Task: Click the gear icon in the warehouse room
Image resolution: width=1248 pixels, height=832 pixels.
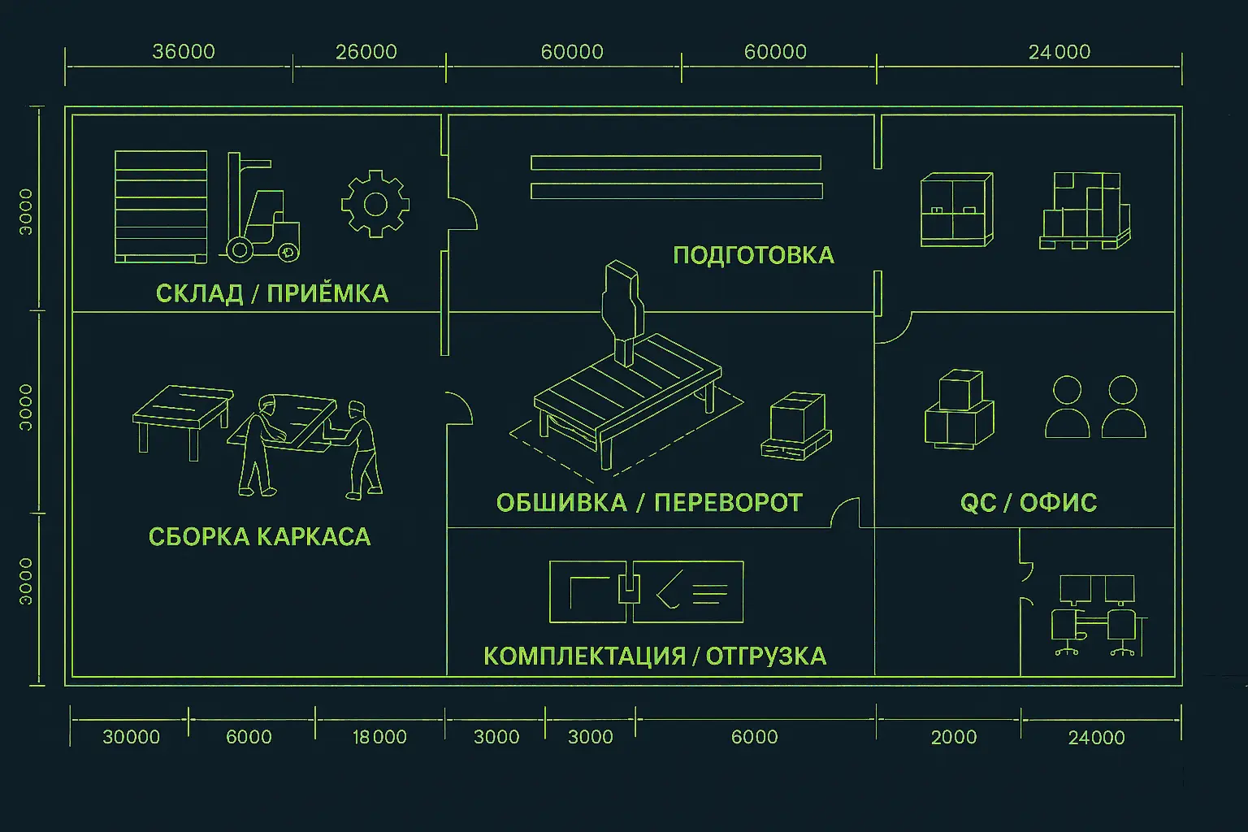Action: pyautogui.click(x=375, y=204)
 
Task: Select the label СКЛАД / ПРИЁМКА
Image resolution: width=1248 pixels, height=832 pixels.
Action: pyautogui.click(x=272, y=293)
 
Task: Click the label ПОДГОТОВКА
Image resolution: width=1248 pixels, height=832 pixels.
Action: pyautogui.click(x=753, y=255)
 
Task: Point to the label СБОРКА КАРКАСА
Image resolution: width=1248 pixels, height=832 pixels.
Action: pyautogui.click(x=259, y=536)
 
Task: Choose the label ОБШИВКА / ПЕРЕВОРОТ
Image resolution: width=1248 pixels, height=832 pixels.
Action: pyautogui.click(x=649, y=503)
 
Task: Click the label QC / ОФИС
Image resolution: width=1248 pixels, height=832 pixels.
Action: pyautogui.click(x=1028, y=503)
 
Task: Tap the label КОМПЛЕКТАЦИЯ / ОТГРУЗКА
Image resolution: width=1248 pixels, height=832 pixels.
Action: pyautogui.click(x=654, y=656)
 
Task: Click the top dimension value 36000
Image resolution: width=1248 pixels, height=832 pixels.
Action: pyautogui.click(x=184, y=52)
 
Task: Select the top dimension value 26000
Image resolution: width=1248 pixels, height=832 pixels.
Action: pyautogui.click(x=366, y=52)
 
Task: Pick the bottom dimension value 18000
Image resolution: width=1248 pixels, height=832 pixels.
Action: pyautogui.click(x=379, y=737)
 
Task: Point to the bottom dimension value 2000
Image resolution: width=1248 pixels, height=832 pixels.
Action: pyautogui.click(x=954, y=737)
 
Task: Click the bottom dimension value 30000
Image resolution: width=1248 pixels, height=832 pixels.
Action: pyautogui.click(x=131, y=737)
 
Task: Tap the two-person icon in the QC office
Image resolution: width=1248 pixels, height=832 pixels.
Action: pyautogui.click(x=1094, y=407)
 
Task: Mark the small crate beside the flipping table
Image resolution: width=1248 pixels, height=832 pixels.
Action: pyautogui.click(x=796, y=427)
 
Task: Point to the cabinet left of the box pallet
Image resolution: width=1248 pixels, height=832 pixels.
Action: pyautogui.click(x=956, y=210)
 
